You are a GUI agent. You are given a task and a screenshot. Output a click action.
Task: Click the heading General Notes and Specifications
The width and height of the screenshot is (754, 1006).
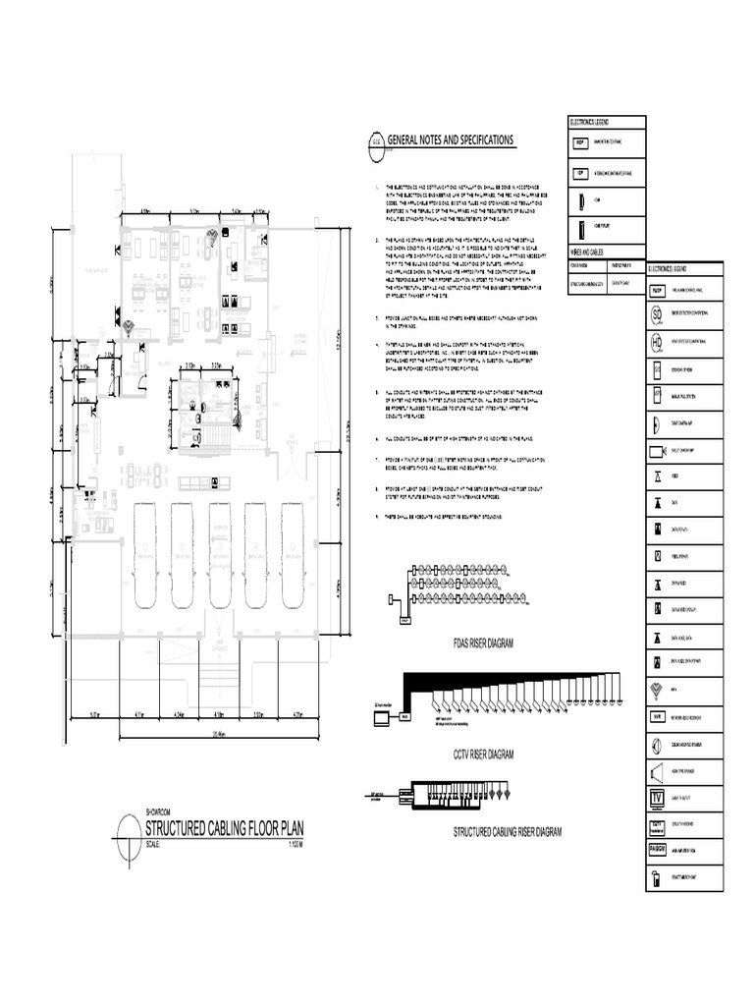coord(451,140)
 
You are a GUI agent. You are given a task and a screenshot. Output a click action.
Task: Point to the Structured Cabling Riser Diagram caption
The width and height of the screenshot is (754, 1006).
coord(507,831)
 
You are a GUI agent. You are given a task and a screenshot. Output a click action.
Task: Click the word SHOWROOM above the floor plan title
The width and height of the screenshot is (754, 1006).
coord(158,812)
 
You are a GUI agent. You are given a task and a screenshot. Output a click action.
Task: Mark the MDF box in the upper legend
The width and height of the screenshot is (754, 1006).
coord(580,143)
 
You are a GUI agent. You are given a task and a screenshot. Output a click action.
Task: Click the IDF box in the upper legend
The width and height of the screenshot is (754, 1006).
coord(580,173)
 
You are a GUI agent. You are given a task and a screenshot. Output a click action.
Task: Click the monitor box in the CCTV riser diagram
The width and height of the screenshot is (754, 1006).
coord(377,718)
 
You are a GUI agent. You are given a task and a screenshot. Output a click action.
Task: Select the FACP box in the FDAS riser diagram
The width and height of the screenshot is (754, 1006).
coord(404,620)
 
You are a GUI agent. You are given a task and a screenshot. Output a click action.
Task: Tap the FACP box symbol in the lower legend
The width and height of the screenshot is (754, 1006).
coord(657,291)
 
